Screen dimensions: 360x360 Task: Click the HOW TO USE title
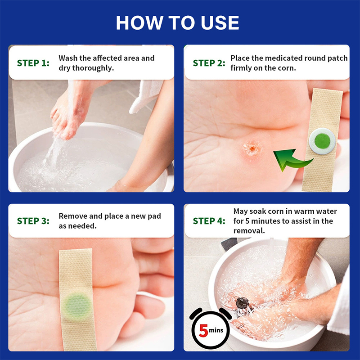point(177,23)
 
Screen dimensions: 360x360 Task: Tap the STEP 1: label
point(33,63)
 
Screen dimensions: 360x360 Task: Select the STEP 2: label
point(209,63)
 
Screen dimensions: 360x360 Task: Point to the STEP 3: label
point(33,221)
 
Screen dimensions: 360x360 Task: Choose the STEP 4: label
point(209,221)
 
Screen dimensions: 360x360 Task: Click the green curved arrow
point(293,161)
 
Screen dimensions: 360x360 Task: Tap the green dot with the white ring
point(322,141)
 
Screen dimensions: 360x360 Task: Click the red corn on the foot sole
point(252,148)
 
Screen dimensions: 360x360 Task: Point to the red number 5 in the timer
point(203,330)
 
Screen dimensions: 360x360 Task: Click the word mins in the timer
point(216,330)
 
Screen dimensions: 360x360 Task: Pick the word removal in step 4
point(249,231)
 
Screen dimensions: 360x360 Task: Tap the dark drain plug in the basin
point(243,303)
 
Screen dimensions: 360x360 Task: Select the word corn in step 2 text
point(287,68)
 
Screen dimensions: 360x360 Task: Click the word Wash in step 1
point(68,58)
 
